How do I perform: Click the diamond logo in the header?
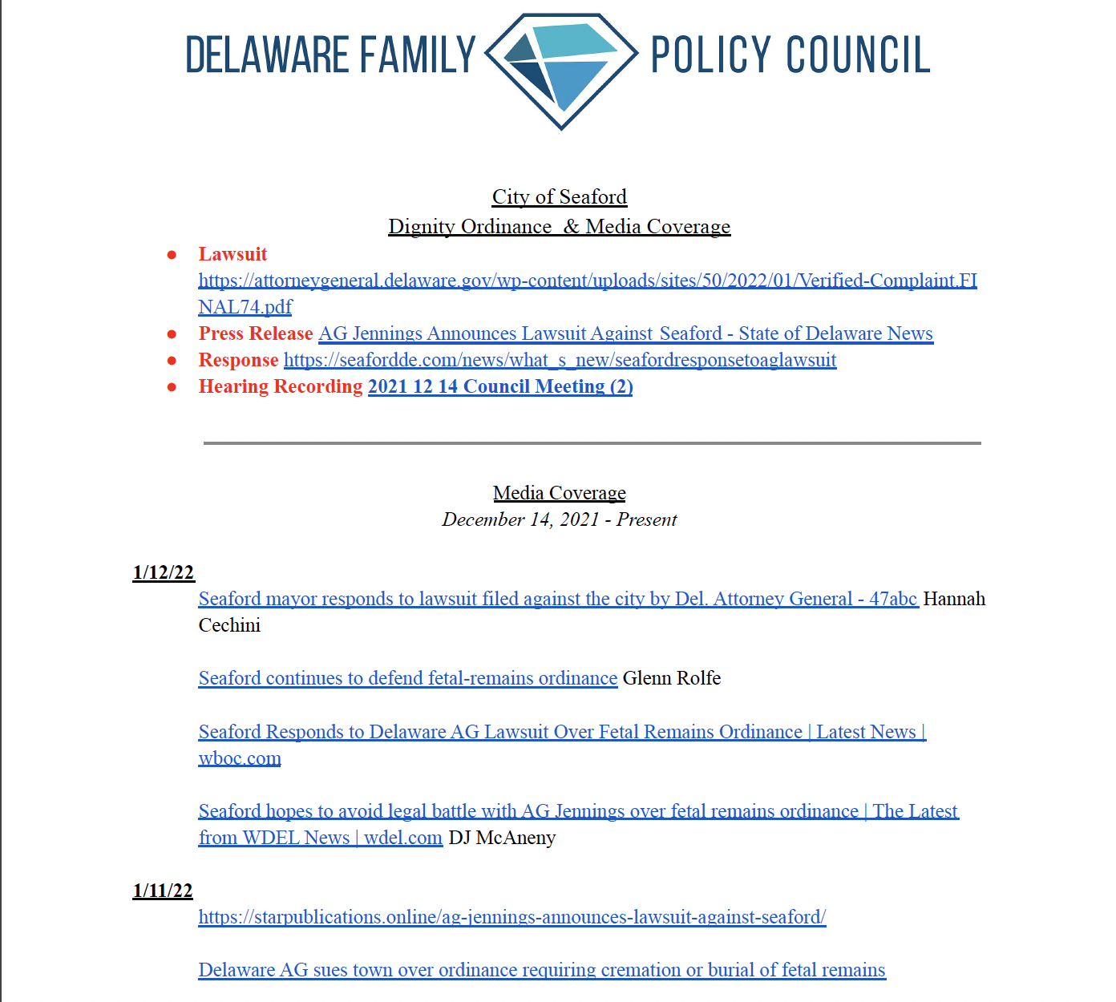point(561,70)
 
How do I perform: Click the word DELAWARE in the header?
point(267,55)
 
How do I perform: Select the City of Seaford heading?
point(560,197)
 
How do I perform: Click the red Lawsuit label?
point(232,254)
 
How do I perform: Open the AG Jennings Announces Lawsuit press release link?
point(625,333)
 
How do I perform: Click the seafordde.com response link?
point(560,360)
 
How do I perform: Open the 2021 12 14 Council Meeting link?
point(500,386)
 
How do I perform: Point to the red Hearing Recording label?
point(281,386)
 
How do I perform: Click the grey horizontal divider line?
point(592,442)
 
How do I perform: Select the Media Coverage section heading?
point(560,493)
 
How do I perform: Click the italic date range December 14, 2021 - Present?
point(560,519)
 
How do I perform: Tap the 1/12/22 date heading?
point(164,572)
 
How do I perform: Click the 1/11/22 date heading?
point(163,891)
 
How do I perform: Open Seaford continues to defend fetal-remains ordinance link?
point(408,678)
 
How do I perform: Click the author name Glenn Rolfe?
point(672,678)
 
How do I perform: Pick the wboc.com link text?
point(240,758)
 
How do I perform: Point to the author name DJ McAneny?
point(502,838)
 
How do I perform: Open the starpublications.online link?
point(512,917)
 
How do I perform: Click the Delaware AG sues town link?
point(542,970)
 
